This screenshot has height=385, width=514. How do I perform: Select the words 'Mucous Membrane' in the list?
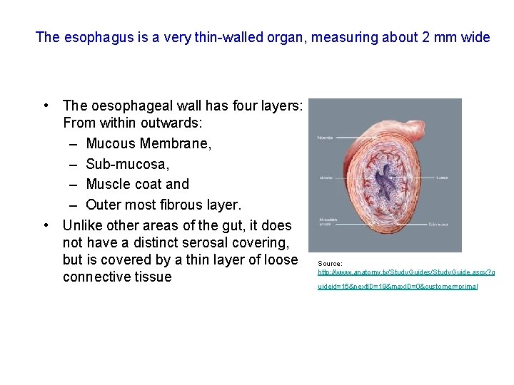tap(148, 144)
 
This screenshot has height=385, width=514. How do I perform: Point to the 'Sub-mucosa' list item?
tap(127, 165)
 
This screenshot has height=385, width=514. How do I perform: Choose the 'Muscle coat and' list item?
tap(137, 184)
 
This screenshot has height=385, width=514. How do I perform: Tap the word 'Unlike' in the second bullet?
tap(84, 225)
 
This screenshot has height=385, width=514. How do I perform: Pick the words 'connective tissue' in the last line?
tap(117, 277)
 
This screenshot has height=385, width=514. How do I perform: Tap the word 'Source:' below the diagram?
tap(330, 264)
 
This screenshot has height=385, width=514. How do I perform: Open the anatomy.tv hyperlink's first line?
tap(405, 272)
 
